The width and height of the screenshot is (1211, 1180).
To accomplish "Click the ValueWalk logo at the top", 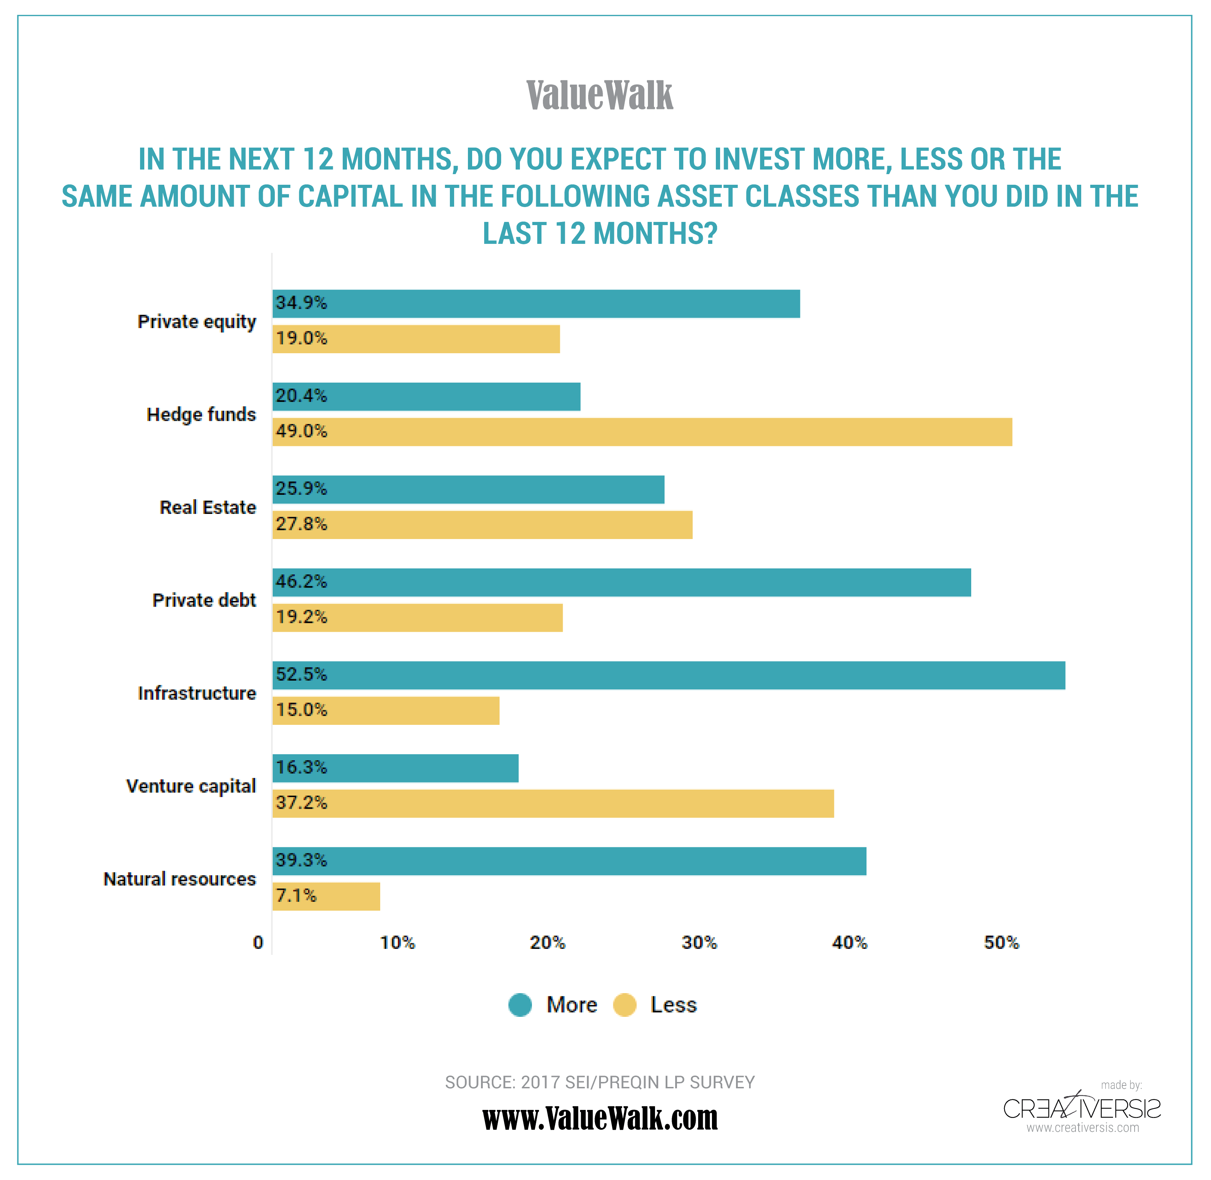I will coord(599,96).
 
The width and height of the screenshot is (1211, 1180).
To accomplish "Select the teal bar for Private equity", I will coord(536,304).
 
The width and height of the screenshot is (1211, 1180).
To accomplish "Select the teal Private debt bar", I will coord(621,583).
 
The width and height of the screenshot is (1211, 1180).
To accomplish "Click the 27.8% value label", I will coord(301,524).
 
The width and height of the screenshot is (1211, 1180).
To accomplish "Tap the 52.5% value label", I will coord(301,674).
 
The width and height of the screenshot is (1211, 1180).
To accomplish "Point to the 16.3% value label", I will coord(301,767).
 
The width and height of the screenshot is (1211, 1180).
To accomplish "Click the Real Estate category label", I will coord(208,508).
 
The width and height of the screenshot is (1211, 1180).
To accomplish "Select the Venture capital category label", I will coord(191,786).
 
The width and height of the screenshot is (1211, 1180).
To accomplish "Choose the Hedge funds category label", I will coord(201,414).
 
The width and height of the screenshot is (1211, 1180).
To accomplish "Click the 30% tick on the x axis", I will coord(699,943).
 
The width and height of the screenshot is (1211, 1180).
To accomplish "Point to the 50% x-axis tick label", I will coord(1001,943).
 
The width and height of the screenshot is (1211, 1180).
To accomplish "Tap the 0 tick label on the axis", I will coord(258,943).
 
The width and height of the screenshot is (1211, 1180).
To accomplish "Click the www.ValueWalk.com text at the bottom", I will coord(599,1119).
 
